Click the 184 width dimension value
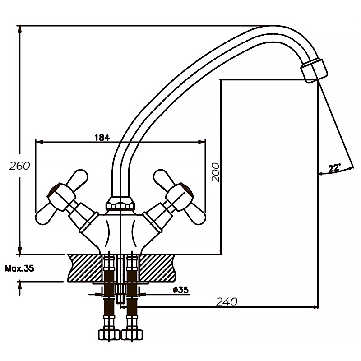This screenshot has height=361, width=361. (102, 138)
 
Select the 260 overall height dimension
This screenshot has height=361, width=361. (19, 166)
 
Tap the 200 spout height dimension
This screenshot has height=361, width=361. (216, 172)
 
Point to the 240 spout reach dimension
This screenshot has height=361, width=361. (227, 302)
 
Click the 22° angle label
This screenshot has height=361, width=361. (334, 168)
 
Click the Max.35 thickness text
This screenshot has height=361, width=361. (19, 268)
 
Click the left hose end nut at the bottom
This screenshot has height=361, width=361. (107, 335)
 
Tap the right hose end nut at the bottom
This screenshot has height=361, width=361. (133, 335)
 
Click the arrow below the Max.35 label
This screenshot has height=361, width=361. (20, 286)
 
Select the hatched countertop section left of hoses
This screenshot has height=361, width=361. (85, 267)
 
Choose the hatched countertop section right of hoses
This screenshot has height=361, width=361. (156, 267)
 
